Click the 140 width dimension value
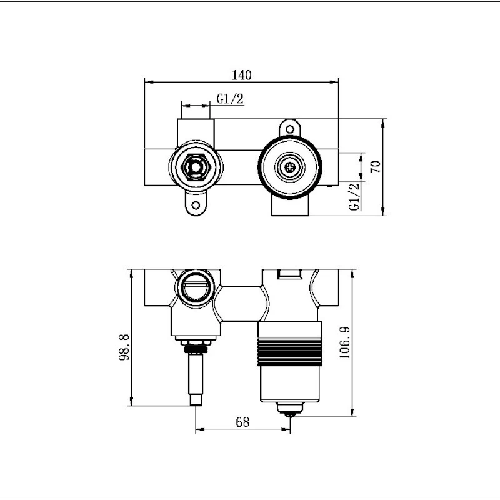[x=241, y=75]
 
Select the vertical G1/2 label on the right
[x=354, y=196]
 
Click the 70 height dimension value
[x=375, y=167]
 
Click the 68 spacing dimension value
[x=242, y=422]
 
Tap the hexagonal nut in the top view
[x=196, y=167]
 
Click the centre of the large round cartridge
[x=290, y=167]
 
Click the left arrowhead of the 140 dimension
[x=147, y=81]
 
